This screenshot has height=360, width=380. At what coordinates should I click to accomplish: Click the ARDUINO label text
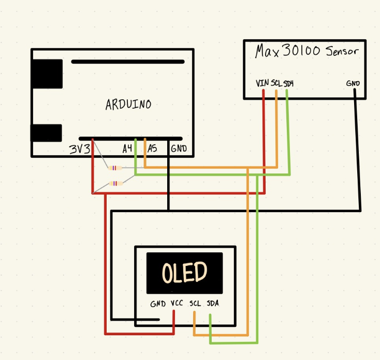pos(128,104)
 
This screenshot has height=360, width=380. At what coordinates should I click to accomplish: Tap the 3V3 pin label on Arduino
pos(80,149)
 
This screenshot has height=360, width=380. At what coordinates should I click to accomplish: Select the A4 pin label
pos(127,149)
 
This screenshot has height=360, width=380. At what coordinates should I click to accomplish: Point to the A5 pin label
pos(152,149)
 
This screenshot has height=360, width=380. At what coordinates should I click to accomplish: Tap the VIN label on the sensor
pos(262,83)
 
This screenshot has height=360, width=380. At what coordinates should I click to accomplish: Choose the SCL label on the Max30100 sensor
pos(276,83)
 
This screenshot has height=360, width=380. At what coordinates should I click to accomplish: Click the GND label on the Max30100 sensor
pos(354,83)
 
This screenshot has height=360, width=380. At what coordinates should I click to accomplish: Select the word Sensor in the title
pos(342,52)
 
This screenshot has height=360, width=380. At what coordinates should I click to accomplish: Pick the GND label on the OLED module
pos(157,304)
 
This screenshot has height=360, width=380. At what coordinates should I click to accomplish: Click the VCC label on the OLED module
pos(177,304)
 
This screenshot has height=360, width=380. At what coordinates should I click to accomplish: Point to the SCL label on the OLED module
pos(195,304)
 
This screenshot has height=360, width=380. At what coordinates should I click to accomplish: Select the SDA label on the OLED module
pos(212,304)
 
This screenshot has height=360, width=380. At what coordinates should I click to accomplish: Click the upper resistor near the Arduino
pos(115,168)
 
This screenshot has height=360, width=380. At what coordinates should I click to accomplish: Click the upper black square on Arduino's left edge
pos(47,74)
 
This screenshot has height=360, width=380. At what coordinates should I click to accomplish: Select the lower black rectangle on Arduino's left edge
pos(46,133)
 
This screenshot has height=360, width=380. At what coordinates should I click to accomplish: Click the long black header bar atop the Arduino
pos(127,62)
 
